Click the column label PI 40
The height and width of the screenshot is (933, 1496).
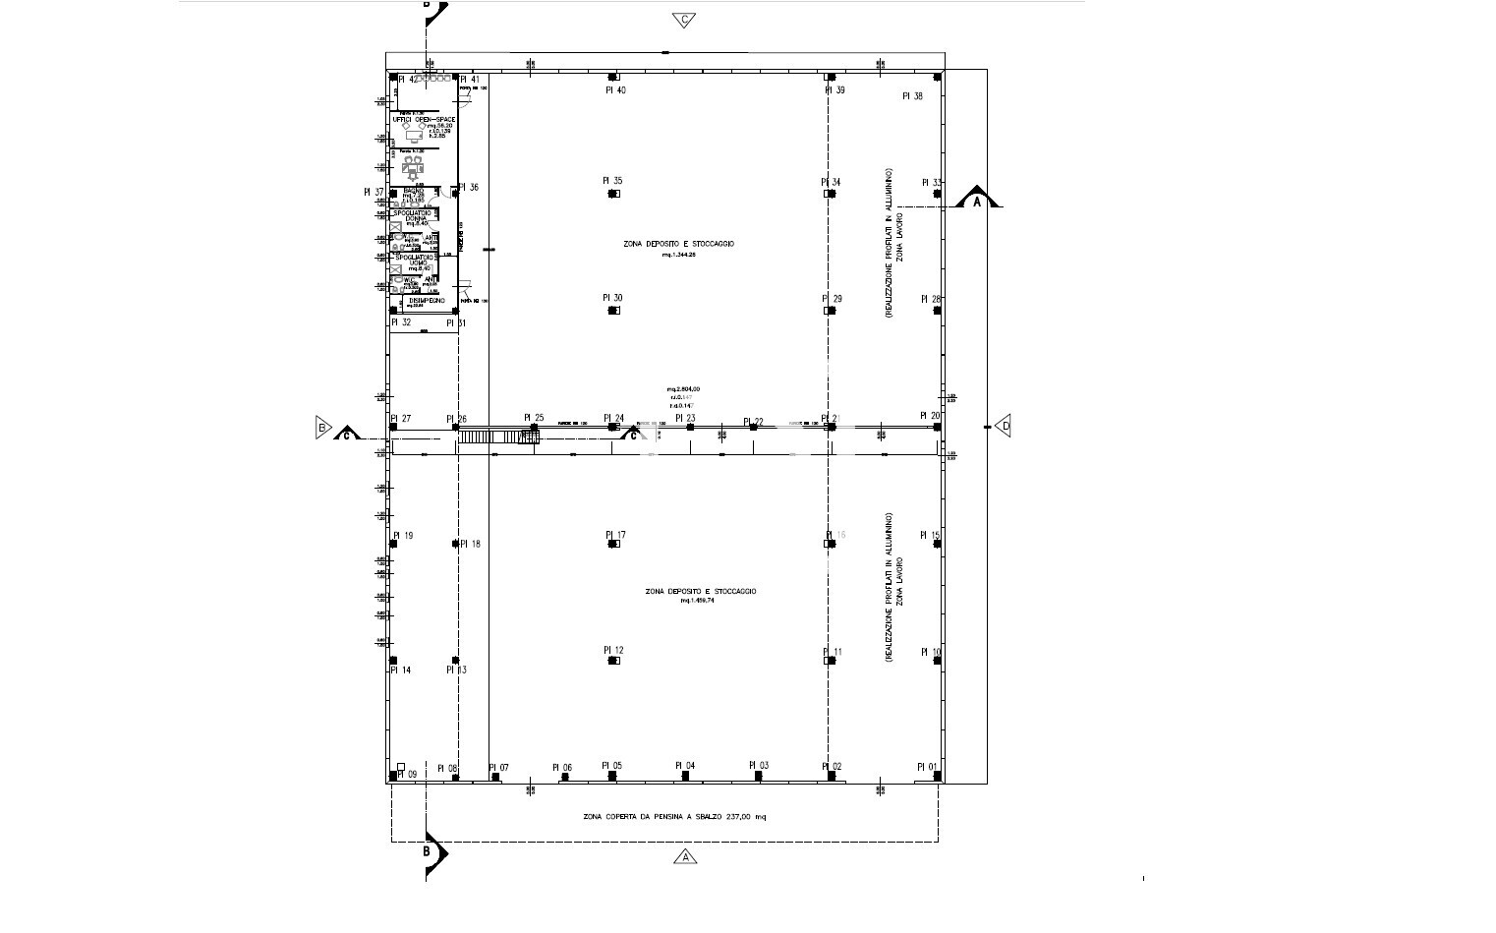615,90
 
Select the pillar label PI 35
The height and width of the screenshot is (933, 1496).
612,181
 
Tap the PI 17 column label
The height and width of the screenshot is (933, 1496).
615,536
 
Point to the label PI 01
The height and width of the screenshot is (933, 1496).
928,767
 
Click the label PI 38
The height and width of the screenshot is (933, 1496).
912,96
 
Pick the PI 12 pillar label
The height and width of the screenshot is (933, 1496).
613,651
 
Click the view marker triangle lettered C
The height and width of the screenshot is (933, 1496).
685,20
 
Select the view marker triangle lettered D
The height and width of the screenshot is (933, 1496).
1004,427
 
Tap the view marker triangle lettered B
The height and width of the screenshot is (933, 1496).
321,427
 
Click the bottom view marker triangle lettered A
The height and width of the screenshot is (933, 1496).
685,857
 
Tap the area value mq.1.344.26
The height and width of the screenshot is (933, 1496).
678,255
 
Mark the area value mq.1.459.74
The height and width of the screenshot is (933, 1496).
697,601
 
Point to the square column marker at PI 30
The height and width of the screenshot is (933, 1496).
613,311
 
